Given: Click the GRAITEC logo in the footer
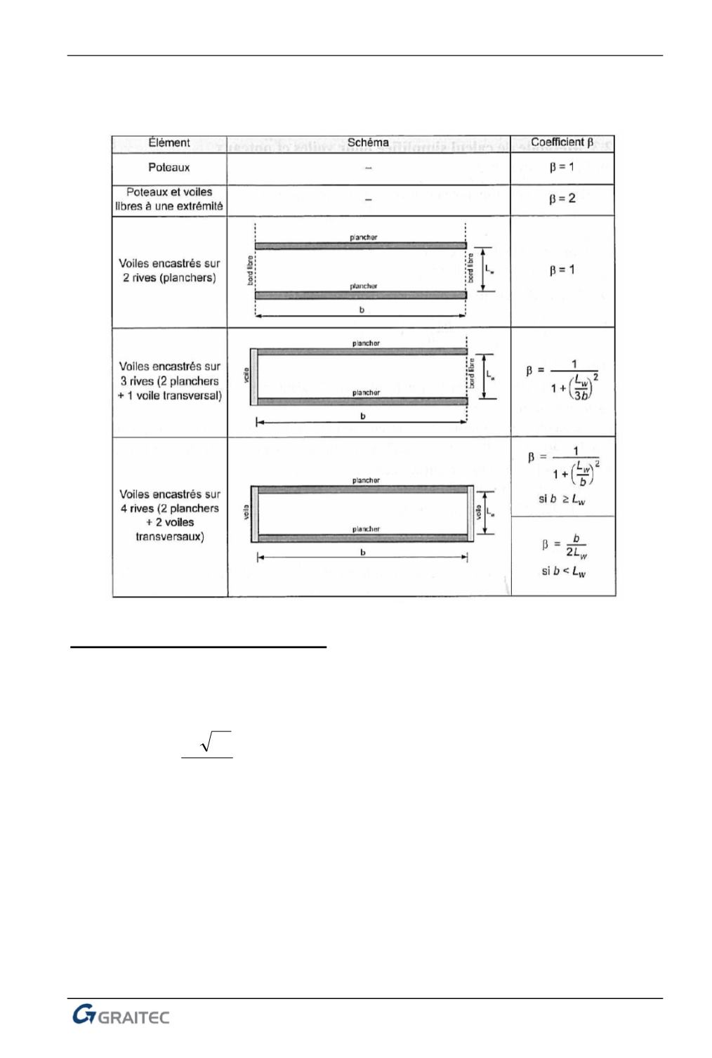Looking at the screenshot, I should pos(121,1016).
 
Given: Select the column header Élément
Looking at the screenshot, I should pos(169,143).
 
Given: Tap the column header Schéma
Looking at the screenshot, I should pos(368,143).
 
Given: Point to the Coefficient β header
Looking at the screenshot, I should pos(562,143).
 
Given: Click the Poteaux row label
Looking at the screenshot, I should pos(169,168).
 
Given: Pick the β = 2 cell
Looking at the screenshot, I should pos(562,199).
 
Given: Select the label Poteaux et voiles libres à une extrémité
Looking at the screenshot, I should pos(169,199).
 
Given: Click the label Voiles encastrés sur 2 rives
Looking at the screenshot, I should pos(169,270).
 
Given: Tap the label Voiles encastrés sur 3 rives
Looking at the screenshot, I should pos(169,381).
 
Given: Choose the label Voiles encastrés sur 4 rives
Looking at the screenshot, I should pos(169,515).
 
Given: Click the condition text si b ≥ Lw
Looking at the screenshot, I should pos(562,500).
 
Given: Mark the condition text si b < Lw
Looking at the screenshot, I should pos(563,571).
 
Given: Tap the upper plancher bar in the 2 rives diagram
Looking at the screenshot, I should pos(360,246).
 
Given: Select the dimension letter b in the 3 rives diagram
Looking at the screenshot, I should pos(363,416).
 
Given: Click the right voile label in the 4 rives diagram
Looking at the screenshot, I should pos(479,513).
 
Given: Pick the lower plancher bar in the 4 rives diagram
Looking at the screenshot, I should pos(363,538).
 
